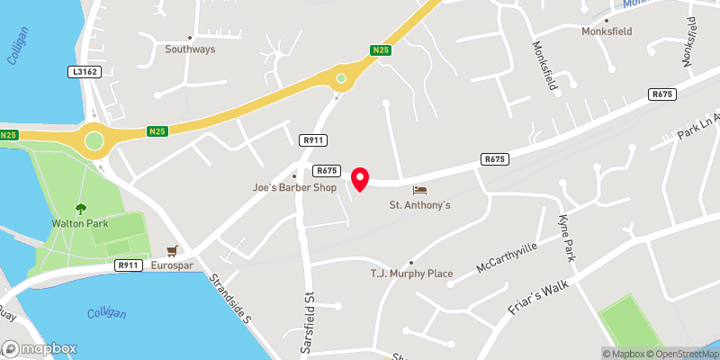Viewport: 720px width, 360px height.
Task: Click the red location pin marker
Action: [360, 179]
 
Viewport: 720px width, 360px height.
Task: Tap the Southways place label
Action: [190, 49]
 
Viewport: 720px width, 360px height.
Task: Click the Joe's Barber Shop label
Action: [293, 188]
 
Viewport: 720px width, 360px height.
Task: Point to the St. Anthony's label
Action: [419, 205]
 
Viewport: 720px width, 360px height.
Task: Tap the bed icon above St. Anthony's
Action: [419, 190]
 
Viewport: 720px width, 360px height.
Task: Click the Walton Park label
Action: [78, 222]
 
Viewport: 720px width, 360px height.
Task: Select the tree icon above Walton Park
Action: [79, 208]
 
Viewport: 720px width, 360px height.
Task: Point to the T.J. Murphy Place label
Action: [410, 273]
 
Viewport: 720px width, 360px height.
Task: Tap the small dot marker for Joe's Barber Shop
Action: [294, 175]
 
